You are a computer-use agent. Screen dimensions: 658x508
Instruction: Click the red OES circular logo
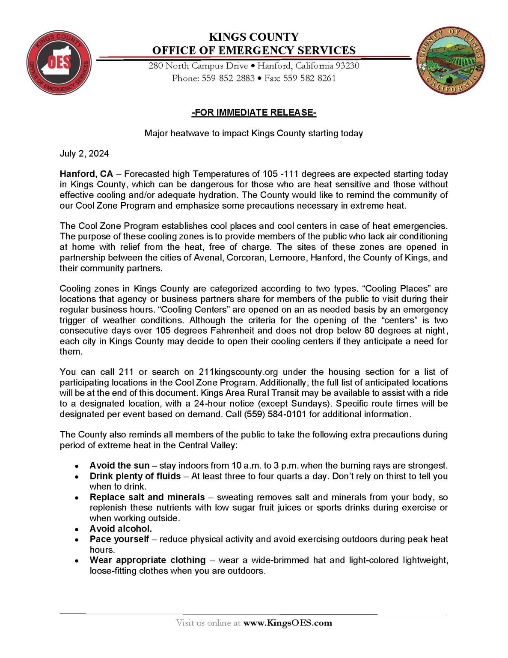[x=59, y=63]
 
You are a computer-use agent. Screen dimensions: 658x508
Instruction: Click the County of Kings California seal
[x=450, y=60]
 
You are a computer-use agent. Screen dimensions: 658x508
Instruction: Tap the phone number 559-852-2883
[x=228, y=78]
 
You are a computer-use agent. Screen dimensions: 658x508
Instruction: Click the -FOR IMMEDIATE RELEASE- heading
[x=254, y=113]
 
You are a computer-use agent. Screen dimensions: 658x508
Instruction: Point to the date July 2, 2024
[x=84, y=154]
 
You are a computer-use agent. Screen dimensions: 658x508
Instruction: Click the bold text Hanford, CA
[x=86, y=174]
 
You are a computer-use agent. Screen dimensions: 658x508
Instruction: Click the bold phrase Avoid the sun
[x=119, y=466]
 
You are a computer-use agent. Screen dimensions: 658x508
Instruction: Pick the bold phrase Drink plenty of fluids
[x=135, y=476]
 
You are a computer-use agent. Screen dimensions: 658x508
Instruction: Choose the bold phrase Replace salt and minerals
[x=147, y=497]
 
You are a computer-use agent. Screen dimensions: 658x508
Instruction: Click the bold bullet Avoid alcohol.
[x=121, y=529]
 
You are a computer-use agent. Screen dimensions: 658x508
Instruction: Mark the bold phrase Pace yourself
[x=119, y=539]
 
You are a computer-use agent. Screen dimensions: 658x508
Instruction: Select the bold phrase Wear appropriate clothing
[x=148, y=560]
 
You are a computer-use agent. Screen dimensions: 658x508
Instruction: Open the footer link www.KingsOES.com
[x=288, y=623]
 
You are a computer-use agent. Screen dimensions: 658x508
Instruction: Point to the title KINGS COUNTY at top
[x=254, y=37]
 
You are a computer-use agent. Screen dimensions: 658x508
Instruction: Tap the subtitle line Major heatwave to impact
[x=253, y=133]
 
